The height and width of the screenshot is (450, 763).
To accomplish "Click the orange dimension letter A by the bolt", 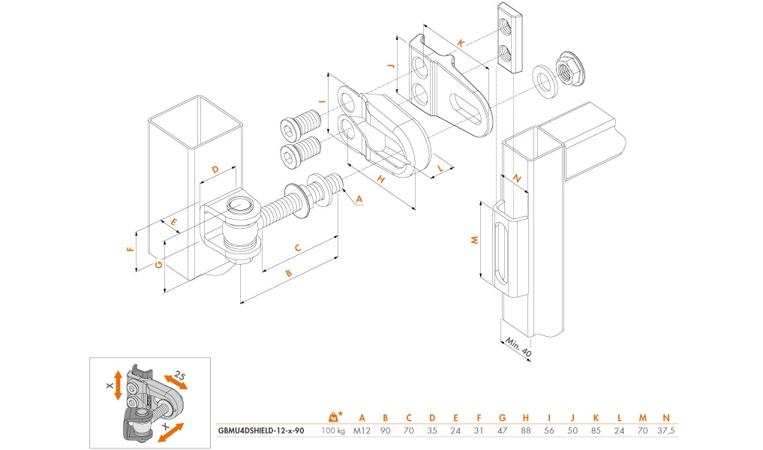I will (359, 199).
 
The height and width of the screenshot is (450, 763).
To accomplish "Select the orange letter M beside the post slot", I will (473, 240).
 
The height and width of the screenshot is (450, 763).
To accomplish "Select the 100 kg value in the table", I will (332, 431).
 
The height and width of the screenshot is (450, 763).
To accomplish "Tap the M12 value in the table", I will (362, 431).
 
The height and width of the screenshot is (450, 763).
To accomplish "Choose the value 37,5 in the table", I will (665, 431).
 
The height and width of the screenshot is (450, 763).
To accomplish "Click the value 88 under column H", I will (526, 431).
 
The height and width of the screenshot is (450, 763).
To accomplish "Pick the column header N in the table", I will (665, 417).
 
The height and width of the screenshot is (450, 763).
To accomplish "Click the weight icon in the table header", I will (332, 416).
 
